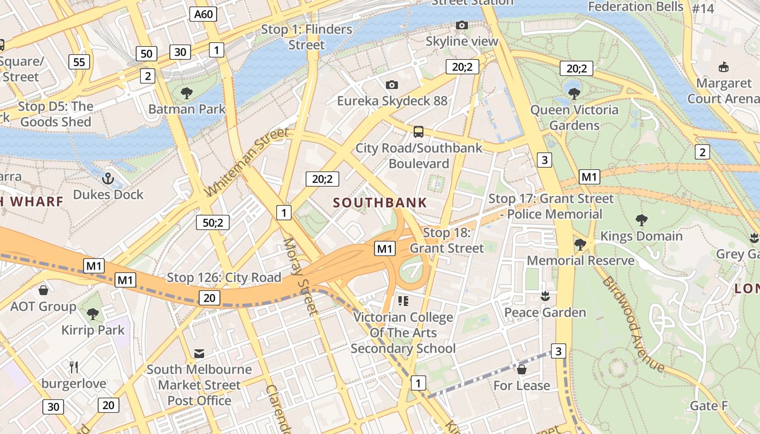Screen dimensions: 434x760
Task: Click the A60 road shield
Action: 204,14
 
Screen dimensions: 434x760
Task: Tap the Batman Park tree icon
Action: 187,93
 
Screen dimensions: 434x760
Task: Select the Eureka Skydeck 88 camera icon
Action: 391,85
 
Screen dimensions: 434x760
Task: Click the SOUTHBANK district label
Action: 380,203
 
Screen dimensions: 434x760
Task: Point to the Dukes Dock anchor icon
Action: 108,178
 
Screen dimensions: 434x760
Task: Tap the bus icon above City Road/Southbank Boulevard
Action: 419,131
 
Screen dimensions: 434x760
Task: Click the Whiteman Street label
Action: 248,162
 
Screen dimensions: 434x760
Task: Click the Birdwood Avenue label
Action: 632,324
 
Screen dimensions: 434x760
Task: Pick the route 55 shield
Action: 79,62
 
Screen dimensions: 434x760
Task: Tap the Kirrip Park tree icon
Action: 93,314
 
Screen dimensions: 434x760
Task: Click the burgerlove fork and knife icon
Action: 74,367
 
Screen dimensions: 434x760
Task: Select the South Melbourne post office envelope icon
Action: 199,354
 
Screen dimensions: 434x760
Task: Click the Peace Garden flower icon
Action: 545,296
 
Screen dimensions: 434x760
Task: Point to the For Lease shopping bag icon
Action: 522,369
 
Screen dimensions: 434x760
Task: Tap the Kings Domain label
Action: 641,236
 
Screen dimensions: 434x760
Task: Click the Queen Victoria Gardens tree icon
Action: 574,93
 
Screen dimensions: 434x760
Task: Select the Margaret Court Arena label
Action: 723,91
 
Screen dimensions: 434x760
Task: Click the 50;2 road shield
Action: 213,222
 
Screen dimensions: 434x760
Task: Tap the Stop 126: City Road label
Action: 224,278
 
